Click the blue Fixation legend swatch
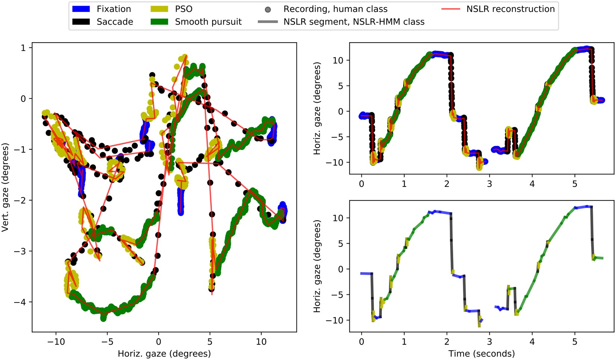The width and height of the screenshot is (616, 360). click(x=81, y=9)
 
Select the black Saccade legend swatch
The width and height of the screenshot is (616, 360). click(x=81, y=22)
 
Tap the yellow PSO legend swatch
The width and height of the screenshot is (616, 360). click(x=159, y=9)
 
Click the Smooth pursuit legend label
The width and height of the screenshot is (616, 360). click(x=208, y=22)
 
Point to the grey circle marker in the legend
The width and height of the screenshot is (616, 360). click(x=268, y=9)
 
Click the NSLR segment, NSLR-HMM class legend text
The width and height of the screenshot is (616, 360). click(x=354, y=22)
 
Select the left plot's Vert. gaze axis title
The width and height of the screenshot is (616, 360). click(x=5, y=187)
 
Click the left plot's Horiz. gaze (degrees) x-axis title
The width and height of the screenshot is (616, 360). click(x=164, y=353)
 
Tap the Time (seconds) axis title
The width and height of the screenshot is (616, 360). click(x=482, y=353)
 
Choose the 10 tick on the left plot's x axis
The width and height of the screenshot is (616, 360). click(x=261, y=341)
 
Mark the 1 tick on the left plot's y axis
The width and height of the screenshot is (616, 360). click(x=24, y=48)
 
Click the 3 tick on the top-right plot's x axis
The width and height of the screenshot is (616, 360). click(x=489, y=184)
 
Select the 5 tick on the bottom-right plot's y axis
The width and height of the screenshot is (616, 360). click(x=341, y=243)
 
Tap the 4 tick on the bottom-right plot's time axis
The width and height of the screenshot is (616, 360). click(x=532, y=341)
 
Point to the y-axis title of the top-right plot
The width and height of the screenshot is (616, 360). click(x=317, y=108)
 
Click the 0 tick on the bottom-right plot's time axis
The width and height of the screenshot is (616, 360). click(x=361, y=341)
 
